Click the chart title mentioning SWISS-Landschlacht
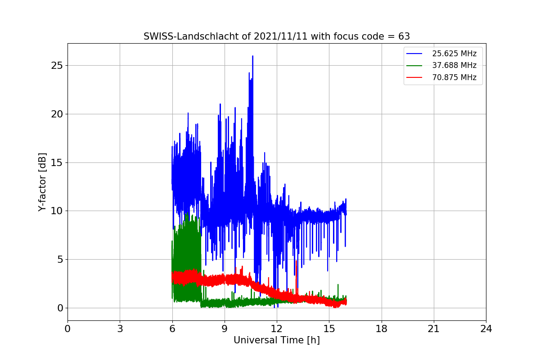tap(276, 36)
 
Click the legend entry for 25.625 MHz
tap(454, 54)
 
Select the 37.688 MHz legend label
tap(454, 65)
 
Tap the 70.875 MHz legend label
tap(454, 77)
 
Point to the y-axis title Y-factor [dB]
tap(42, 182)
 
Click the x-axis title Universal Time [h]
tap(276, 340)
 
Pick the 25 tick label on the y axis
tap(57, 66)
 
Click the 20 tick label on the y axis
tap(57, 114)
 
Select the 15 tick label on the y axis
tap(57, 163)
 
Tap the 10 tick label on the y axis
tap(57, 211)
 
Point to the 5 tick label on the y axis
tap(60, 260)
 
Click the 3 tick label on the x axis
tap(120, 328)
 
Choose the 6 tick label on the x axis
tap(172, 328)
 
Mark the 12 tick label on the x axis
tap(277, 328)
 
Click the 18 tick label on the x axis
tap(382, 328)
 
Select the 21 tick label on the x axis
tap(434, 328)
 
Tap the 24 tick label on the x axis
tap(486, 328)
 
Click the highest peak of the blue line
tap(252, 56)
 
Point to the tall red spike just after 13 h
tap(296, 261)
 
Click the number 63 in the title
tap(404, 36)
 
